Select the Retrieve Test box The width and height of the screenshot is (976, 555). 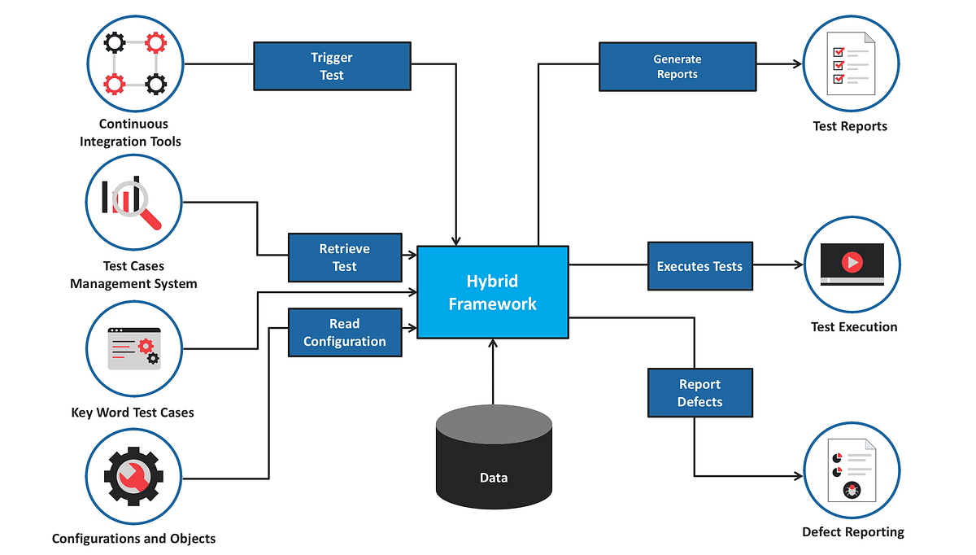coord(344,257)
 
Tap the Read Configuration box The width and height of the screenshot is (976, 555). coord(344,332)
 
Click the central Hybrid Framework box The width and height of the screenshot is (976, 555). coord(492,292)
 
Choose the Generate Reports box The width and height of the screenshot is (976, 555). coord(677,66)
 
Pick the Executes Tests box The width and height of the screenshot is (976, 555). coord(699,266)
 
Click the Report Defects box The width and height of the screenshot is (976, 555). coord(699,393)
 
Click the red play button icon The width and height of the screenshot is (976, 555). coord(852,262)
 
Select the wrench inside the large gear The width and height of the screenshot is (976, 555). coord(135,478)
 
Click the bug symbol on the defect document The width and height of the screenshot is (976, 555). coord(852,490)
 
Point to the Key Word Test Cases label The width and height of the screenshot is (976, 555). coord(133,413)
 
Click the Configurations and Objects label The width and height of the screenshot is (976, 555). coord(133,539)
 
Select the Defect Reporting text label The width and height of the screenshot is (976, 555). coord(852,532)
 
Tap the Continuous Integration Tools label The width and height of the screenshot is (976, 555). coord(130,133)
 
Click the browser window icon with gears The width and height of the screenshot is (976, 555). coord(134,348)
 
